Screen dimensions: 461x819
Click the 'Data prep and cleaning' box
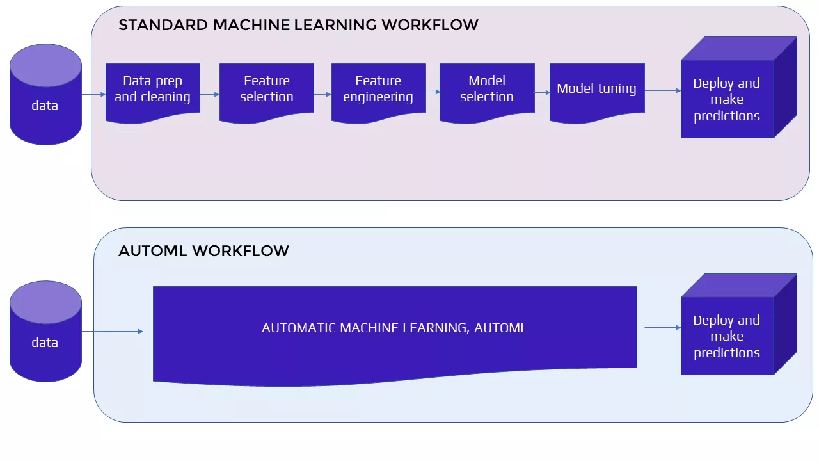coord(152,90)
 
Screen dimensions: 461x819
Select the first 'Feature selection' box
coord(266,90)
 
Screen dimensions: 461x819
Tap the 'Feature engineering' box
coord(378,90)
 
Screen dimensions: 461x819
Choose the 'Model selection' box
coord(487,90)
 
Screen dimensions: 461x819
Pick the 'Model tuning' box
coord(596,90)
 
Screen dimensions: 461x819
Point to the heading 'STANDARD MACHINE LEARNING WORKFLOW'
coord(298,25)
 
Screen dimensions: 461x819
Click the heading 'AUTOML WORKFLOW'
coord(203,250)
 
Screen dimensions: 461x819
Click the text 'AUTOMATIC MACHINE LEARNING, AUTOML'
coord(394,328)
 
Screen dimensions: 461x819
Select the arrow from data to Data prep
coord(93,95)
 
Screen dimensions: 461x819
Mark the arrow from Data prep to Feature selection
coord(210,94)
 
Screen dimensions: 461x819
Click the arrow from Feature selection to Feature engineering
coord(322,94)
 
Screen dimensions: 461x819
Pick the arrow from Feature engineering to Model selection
coord(433,92)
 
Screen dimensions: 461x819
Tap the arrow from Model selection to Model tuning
coord(542,92)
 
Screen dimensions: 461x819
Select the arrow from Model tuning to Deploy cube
coord(662,91)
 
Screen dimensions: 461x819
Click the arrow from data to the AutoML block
coord(113,331)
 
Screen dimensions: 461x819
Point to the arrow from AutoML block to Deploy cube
coord(662,328)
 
